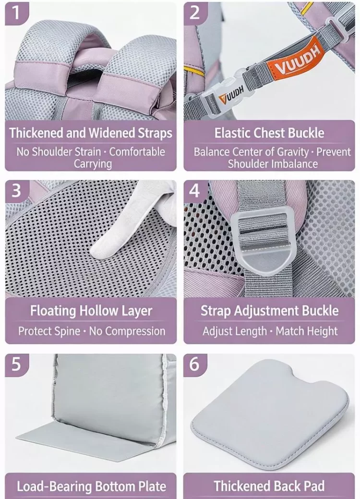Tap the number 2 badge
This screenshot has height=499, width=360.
point(195,13)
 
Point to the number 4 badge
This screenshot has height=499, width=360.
point(195,191)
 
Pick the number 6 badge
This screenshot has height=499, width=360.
point(195,365)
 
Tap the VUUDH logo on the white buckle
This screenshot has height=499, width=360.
point(231,94)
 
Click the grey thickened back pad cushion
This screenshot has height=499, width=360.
point(270,414)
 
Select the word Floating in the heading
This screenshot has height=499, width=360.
point(53,311)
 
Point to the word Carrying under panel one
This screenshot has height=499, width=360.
point(93,164)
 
